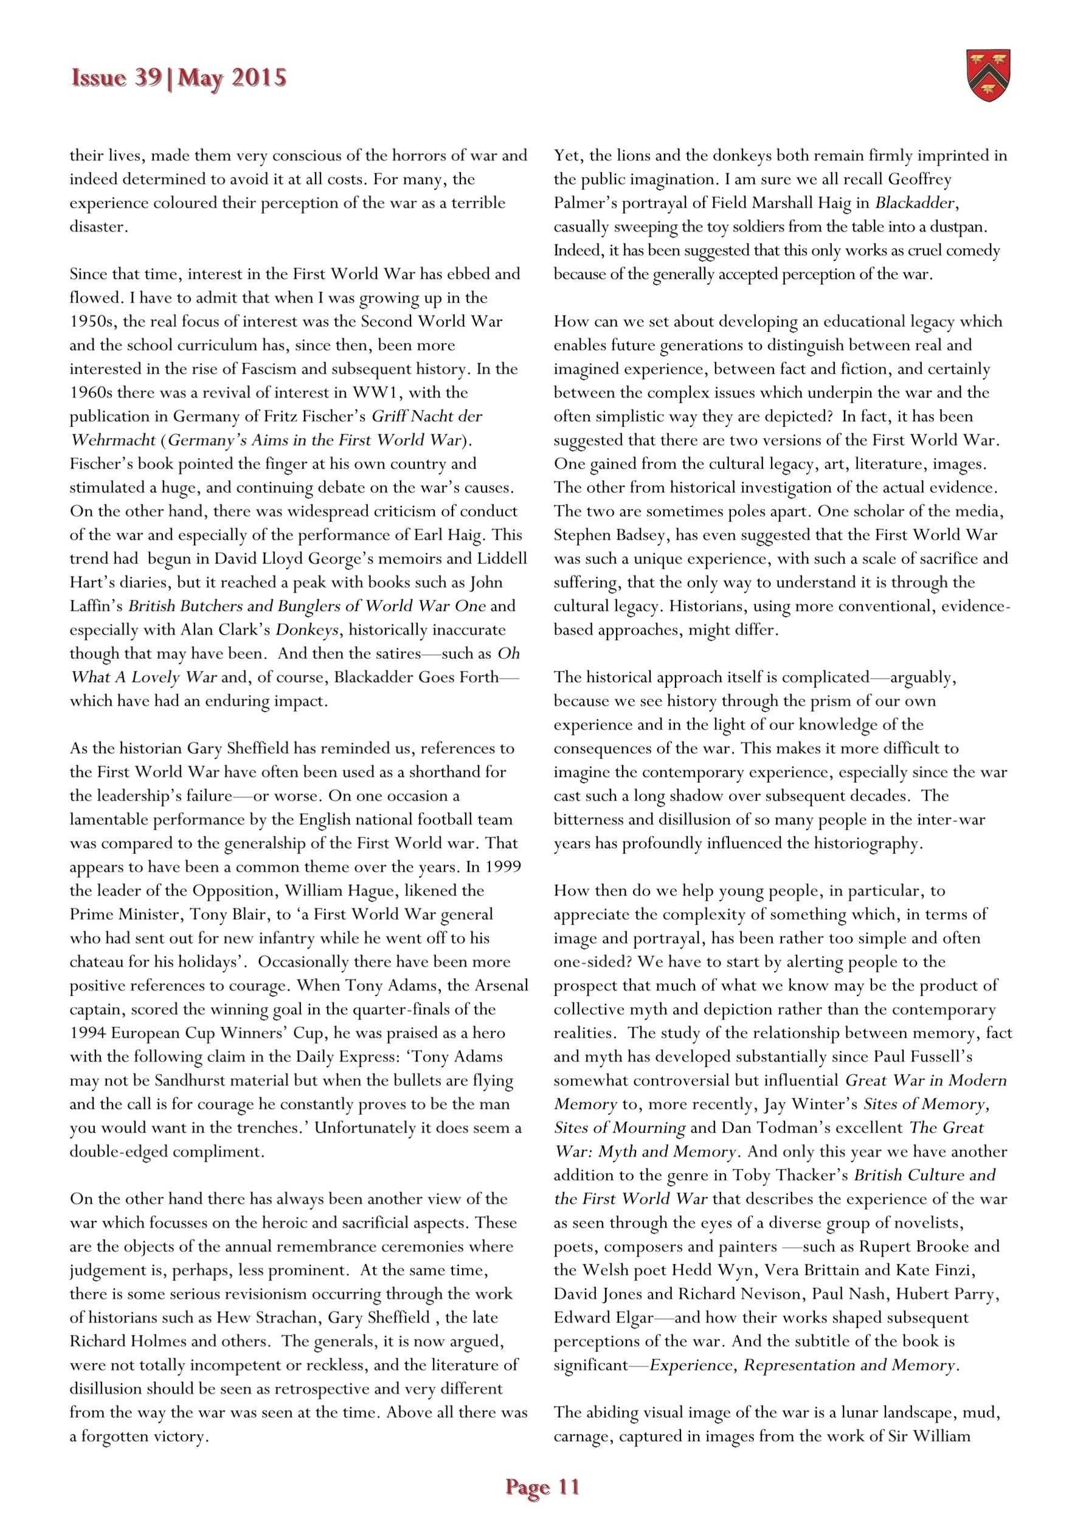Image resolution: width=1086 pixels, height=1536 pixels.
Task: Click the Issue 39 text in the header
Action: point(116,78)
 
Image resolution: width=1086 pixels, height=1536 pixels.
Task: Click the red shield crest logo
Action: point(988,75)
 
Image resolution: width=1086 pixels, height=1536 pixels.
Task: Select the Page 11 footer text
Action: point(542,1487)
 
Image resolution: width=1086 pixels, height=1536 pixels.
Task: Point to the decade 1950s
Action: point(92,322)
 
